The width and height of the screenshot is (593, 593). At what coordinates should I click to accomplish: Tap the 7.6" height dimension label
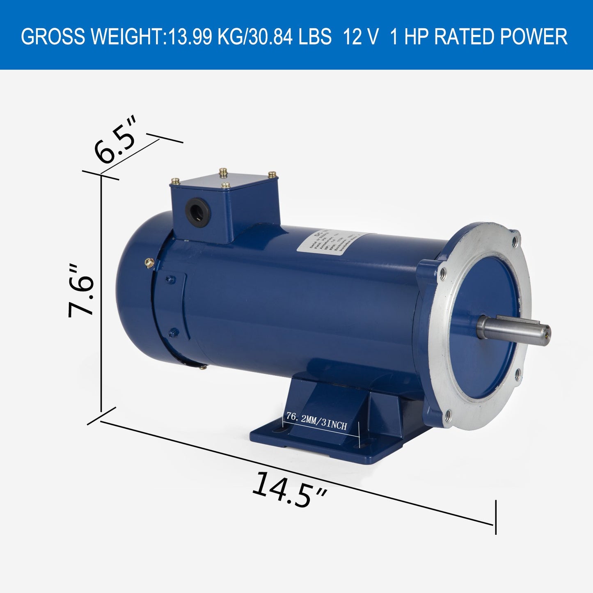(x=81, y=291)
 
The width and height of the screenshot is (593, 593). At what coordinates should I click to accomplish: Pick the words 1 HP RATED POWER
(x=478, y=37)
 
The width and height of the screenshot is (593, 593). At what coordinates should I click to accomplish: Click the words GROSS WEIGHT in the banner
(x=92, y=37)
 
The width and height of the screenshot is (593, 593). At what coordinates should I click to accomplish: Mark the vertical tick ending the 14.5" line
(x=496, y=517)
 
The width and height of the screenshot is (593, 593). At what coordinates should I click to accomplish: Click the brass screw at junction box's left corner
(x=175, y=181)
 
